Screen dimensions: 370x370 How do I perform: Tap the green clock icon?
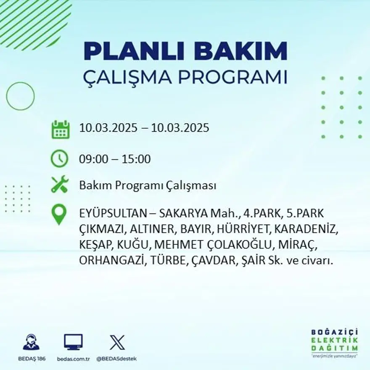59,159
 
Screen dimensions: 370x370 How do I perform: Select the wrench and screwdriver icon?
59,185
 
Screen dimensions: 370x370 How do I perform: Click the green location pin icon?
59,214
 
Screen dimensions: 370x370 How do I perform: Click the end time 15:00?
136,159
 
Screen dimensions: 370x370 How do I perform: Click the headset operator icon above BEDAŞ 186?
32,342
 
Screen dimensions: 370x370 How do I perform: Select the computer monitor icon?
73,342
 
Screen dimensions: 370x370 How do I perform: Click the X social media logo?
117,342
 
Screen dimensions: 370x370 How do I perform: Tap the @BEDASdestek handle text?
116,359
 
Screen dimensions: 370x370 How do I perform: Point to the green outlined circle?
20,96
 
